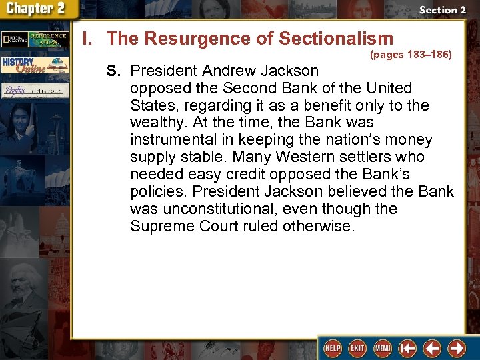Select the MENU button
[x=383, y=348]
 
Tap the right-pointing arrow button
[x=457, y=348]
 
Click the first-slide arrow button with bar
[x=407, y=348]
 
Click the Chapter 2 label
[x=37, y=9]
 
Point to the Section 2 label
[x=442, y=10]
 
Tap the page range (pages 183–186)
[x=411, y=55]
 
